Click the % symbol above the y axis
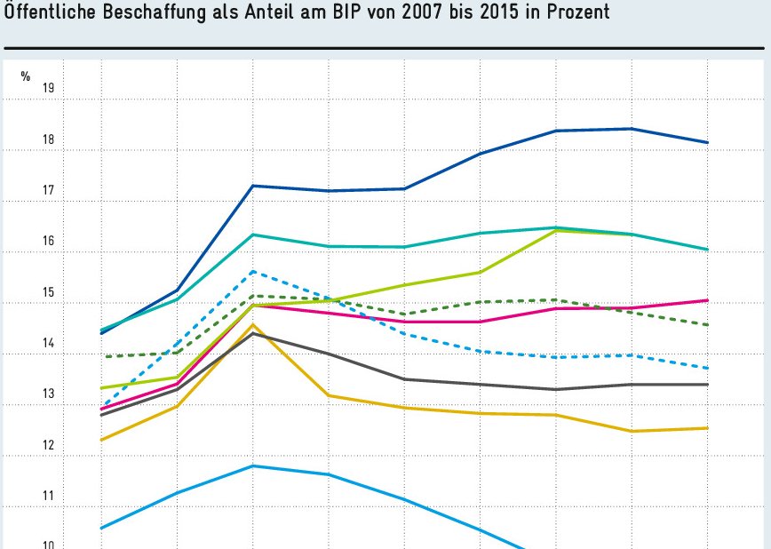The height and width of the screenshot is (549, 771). [x=26, y=76]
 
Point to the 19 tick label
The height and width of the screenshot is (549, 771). [x=49, y=88]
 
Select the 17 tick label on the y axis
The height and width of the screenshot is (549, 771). [x=49, y=190]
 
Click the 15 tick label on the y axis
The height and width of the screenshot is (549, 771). [x=49, y=292]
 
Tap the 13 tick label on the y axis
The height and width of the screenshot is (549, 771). [x=49, y=394]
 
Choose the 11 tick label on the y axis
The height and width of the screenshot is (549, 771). [x=49, y=496]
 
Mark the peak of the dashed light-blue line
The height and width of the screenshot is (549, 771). [x=253, y=271]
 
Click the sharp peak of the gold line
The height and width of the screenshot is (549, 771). [x=253, y=325]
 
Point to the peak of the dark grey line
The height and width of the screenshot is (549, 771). [x=253, y=333]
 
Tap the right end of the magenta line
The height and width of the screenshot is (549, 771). [x=707, y=300]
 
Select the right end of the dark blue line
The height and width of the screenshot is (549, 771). [x=707, y=142]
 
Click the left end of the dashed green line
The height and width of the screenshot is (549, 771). [x=104, y=356]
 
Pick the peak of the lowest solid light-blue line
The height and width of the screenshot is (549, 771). [x=253, y=465]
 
